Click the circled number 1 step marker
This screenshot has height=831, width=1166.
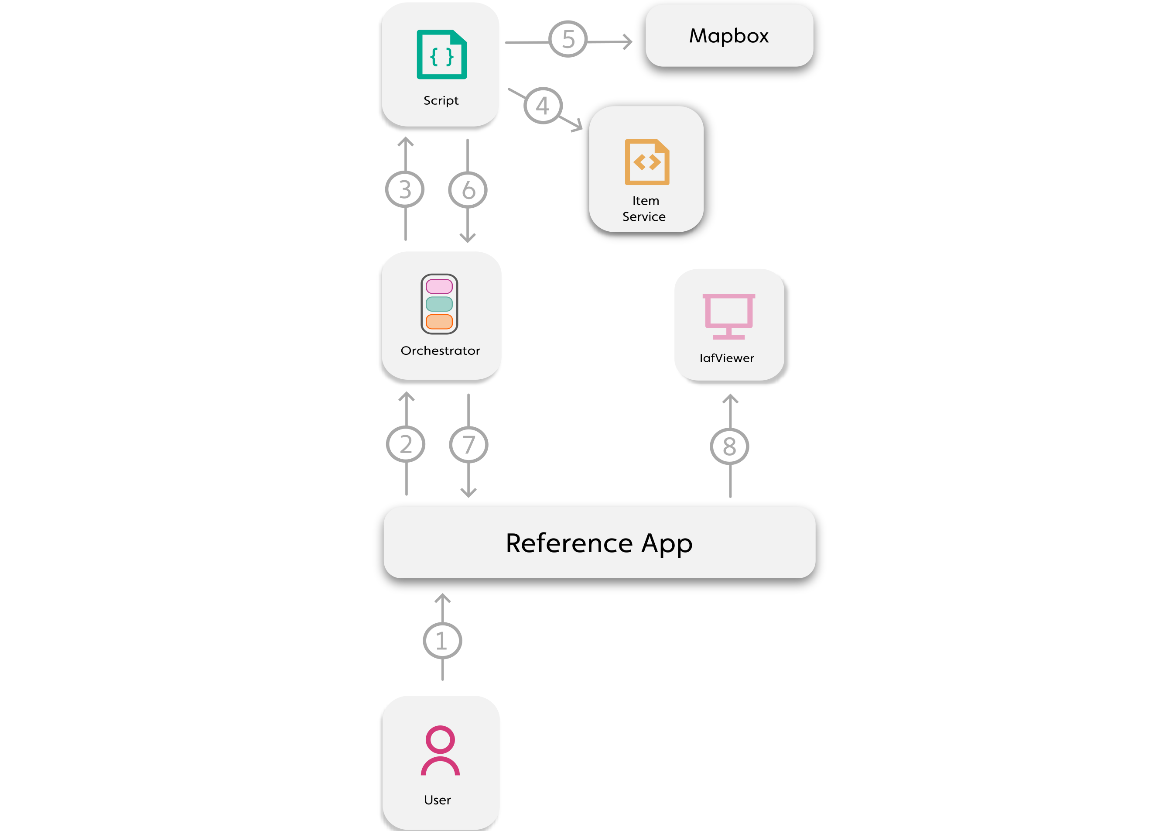coord(442,641)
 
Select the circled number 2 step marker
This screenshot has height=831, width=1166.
coord(406,444)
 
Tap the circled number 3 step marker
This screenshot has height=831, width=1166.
coord(404,189)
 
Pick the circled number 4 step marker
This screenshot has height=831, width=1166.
coord(543,106)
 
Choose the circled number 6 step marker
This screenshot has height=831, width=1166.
coord(468,190)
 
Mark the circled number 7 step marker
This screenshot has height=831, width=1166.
coord(468,444)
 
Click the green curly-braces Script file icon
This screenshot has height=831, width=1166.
coord(441,55)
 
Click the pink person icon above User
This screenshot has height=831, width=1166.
coord(440,750)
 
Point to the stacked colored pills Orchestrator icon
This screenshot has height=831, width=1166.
coord(439,304)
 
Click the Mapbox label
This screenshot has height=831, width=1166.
coord(729,36)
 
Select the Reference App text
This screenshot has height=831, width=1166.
coord(599,543)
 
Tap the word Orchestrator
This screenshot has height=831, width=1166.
coord(440,350)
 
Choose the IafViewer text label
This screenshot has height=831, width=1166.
coord(727,358)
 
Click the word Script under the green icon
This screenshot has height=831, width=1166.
coord(441,100)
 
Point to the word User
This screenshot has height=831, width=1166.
coord(437,800)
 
